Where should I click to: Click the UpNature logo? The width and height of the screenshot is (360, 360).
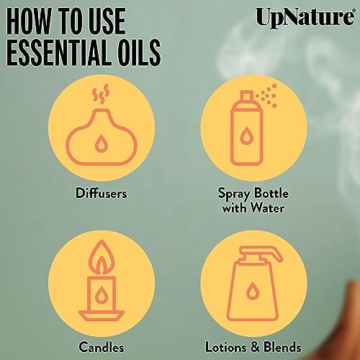305,17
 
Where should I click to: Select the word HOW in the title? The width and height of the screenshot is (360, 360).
30,21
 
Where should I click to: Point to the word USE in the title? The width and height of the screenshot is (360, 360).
106,21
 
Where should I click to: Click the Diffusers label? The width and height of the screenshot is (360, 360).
102,193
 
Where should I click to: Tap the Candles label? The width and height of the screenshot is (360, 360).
102,347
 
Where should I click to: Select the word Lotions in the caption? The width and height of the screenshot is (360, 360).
225,347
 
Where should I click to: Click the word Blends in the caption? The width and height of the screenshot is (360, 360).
282,347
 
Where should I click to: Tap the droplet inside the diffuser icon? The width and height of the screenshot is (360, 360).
101,143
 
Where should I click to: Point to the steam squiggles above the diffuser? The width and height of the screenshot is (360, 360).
101,94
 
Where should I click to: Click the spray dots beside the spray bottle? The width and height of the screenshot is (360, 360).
267,96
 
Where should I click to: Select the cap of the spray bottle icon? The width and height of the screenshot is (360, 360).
247,96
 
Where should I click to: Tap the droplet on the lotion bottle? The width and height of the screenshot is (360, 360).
252,291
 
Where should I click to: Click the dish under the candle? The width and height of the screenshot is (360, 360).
102,315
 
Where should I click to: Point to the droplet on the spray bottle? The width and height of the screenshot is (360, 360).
246,136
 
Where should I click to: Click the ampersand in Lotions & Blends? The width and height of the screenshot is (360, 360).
255,347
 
